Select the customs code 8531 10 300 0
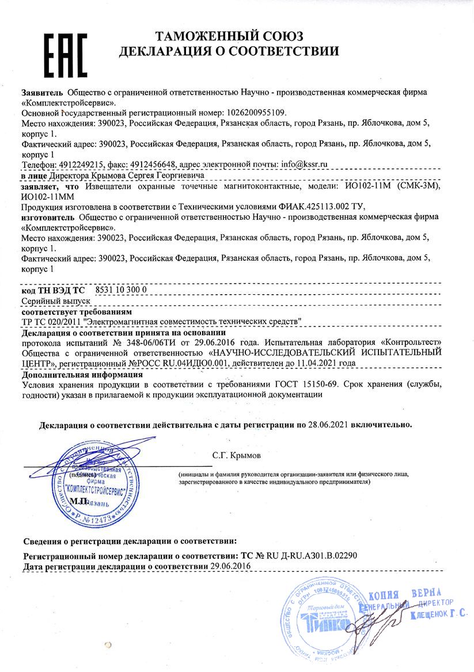(x=121, y=290)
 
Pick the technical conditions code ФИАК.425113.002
(x=316, y=206)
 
